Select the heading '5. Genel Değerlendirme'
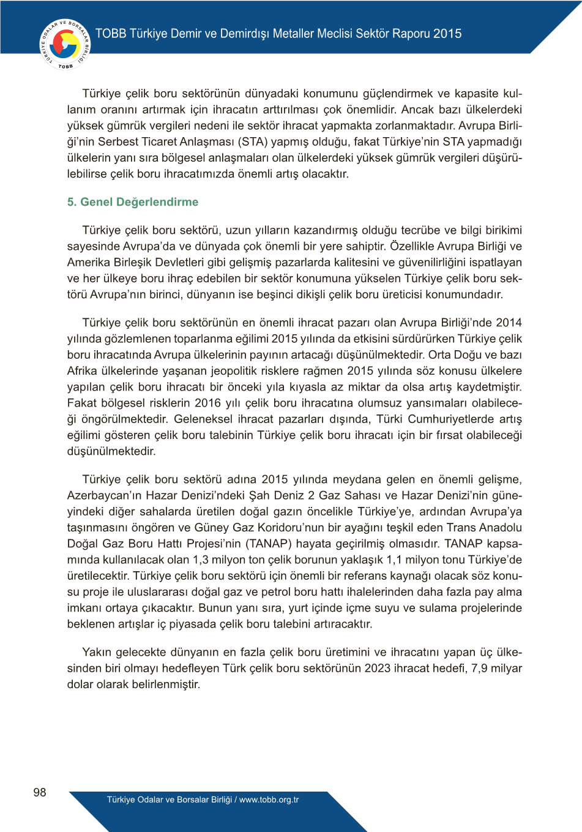tap(133, 202)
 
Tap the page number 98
tap(40, 792)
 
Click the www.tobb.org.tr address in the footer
tap(269, 800)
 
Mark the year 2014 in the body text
tap(509, 323)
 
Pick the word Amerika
tap(88, 263)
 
